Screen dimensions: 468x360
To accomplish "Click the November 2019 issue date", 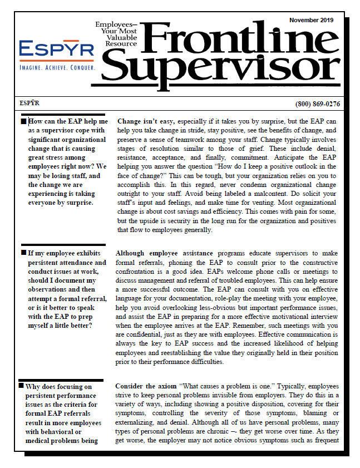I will [x=311, y=20].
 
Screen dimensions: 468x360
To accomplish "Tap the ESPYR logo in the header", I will [x=57, y=50].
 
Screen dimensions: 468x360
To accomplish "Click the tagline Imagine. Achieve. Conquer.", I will [x=57, y=67].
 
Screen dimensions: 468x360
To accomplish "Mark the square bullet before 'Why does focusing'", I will [x=22, y=385].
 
